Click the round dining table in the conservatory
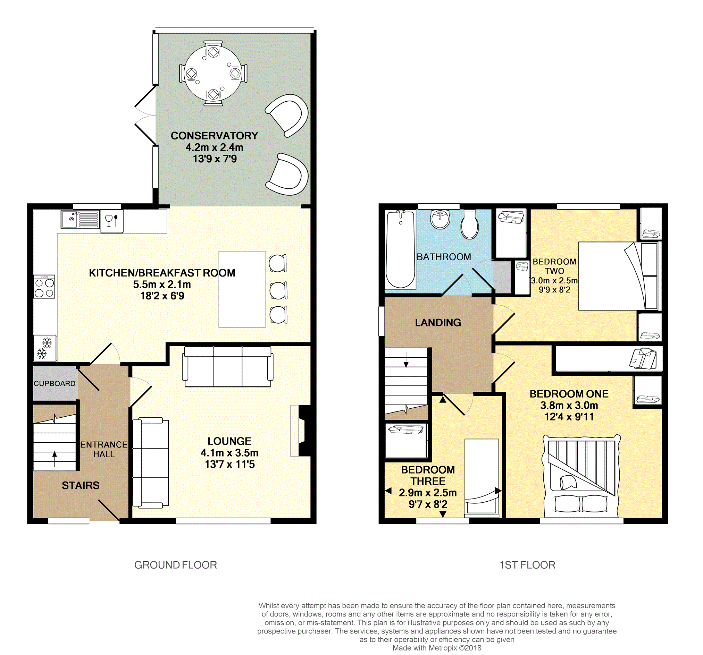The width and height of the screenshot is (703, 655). pyautogui.click(x=213, y=73)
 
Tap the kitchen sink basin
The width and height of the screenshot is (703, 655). pyautogui.click(x=70, y=219)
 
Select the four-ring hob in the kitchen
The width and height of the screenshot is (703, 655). pyautogui.click(x=44, y=287)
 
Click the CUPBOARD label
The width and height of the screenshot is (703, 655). pyautogui.click(x=55, y=383)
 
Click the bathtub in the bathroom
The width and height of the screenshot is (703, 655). pyautogui.click(x=400, y=249)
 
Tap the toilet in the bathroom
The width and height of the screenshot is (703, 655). pyautogui.click(x=469, y=224)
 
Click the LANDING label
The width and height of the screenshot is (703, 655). pyautogui.click(x=438, y=323)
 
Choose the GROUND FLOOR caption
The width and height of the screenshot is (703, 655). pyautogui.click(x=175, y=565)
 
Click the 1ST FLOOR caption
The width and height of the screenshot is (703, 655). pyautogui.click(x=527, y=565)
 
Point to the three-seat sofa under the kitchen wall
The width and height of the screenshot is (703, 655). pyautogui.click(x=228, y=367)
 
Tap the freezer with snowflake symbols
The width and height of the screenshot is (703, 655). pyautogui.click(x=45, y=348)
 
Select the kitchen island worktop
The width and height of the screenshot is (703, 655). pyautogui.click(x=242, y=289)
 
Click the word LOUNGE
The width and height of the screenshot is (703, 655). pyautogui.click(x=229, y=441)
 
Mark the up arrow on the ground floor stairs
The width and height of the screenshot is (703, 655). pyautogui.click(x=55, y=459)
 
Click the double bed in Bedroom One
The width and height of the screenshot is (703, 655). pyautogui.click(x=581, y=476)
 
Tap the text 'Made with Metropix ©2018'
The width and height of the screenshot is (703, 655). pyautogui.click(x=437, y=648)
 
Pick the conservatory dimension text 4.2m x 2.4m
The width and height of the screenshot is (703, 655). pyautogui.click(x=214, y=147)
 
